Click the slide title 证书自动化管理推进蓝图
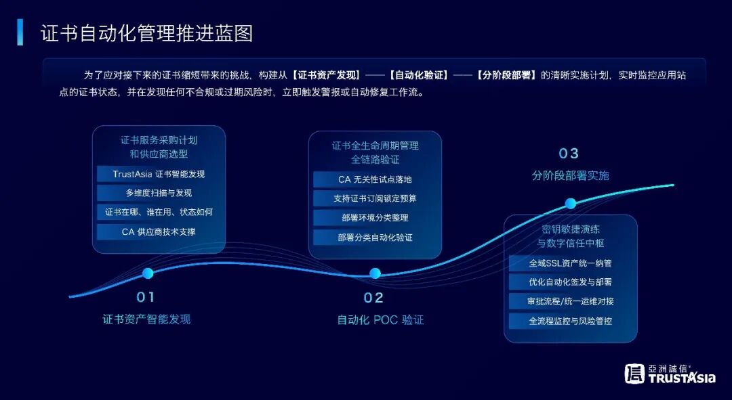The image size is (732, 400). tap(146, 33)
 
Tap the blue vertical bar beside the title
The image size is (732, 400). tap(20, 32)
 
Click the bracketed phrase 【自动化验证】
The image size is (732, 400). tap(418, 75)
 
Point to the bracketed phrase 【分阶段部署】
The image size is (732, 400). tap(506, 75)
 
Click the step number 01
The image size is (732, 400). tap(146, 297)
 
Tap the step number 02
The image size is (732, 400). tap(373, 298)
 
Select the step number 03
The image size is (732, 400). tap(569, 154)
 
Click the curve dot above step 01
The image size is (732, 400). tap(148, 273)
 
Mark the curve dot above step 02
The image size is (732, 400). tap(375, 273)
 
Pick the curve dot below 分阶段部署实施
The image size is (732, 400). tap(571, 203)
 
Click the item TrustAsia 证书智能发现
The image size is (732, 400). tap(159, 174)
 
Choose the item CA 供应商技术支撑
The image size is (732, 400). tap(159, 231)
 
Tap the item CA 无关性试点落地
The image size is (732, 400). tap(375, 179)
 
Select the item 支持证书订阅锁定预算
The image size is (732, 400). tap(375, 198)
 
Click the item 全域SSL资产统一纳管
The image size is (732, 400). tap(570, 263)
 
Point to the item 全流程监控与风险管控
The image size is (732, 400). tap(570, 321)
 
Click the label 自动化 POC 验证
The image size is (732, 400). tap(380, 319)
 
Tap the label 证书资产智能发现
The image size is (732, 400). tap(146, 319)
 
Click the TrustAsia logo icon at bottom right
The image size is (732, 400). tap(634, 374)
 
